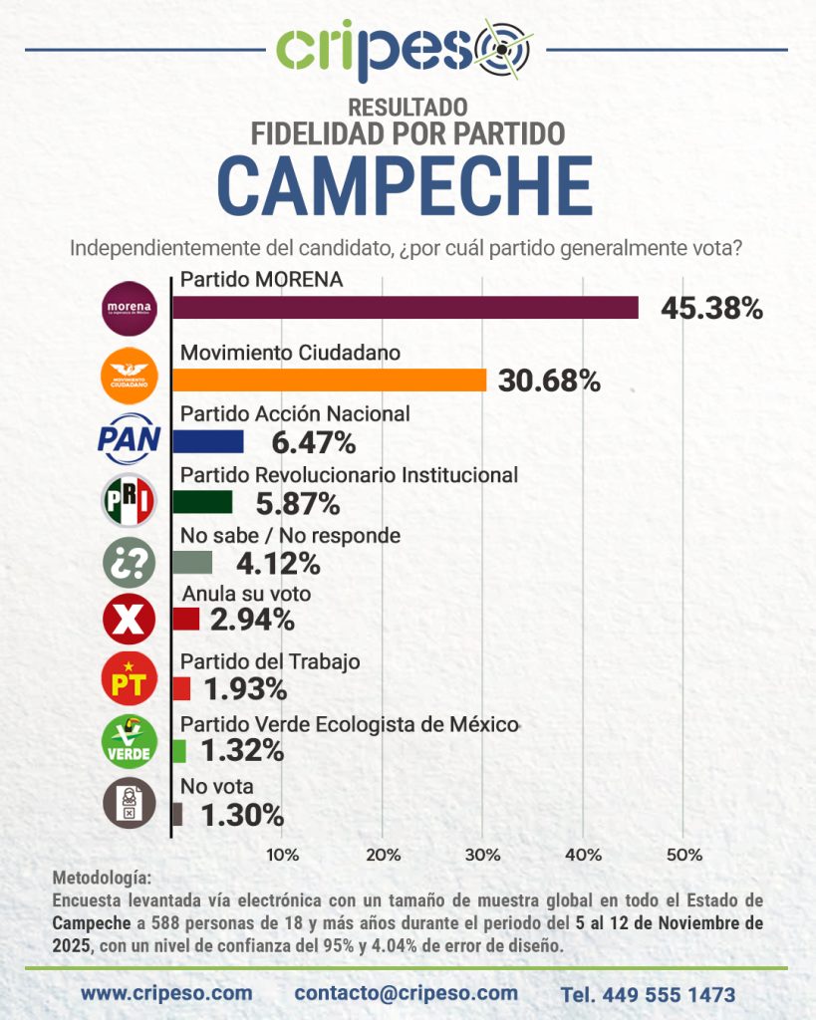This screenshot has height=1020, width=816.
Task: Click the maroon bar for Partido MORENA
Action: click(405, 308)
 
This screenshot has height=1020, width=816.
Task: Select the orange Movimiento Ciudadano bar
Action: click(329, 380)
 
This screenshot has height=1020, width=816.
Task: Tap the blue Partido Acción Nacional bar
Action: click(207, 441)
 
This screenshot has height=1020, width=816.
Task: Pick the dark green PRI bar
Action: click(202, 502)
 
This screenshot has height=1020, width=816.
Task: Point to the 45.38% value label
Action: click(711, 309)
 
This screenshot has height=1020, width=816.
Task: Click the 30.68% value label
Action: click(549, 381)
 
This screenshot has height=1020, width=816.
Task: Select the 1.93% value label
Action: click(245, 688)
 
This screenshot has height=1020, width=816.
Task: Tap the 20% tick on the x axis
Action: click(384, 855)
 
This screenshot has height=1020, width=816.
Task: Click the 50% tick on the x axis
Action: click(683, 855)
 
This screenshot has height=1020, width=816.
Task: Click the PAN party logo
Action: click(129, 439)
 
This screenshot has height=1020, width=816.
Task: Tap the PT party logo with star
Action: click(130, 682)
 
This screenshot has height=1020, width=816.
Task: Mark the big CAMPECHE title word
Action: click(406, 185)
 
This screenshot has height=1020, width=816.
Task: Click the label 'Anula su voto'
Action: click(245, 595)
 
